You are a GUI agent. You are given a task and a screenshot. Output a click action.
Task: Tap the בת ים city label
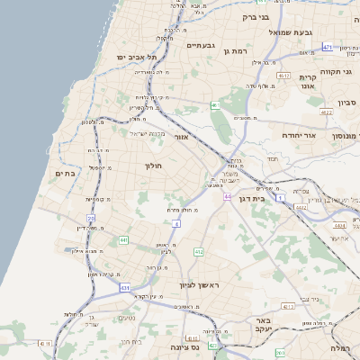pyautogui.click(x=64, y=173)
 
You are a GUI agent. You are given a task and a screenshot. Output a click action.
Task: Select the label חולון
pyautogui.click(x=151, y=166)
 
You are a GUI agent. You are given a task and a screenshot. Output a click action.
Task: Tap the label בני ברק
pyautogui.click(x=256, y=17)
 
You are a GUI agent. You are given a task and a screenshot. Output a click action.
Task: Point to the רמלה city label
pyautogui.click(x=340, y=347)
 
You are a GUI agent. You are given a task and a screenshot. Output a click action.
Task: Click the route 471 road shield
pyautogui.click(x=327, y=47)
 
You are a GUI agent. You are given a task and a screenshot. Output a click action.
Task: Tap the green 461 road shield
pyautogui.click(x=215, y=106)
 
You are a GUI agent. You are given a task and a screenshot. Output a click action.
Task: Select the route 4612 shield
pyautogui.click(x=283, y=76)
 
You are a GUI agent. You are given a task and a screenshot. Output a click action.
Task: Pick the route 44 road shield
pyautogui.click(x=229, y=196)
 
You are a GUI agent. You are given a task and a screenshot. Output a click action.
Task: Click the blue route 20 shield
pyautogui.click(x=91, y=219)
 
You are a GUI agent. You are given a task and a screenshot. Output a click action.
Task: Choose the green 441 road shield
pyautogui.click(x=123, y=239)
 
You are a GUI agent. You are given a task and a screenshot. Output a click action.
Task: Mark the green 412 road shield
pyautogui.click(x=199, y=252)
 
